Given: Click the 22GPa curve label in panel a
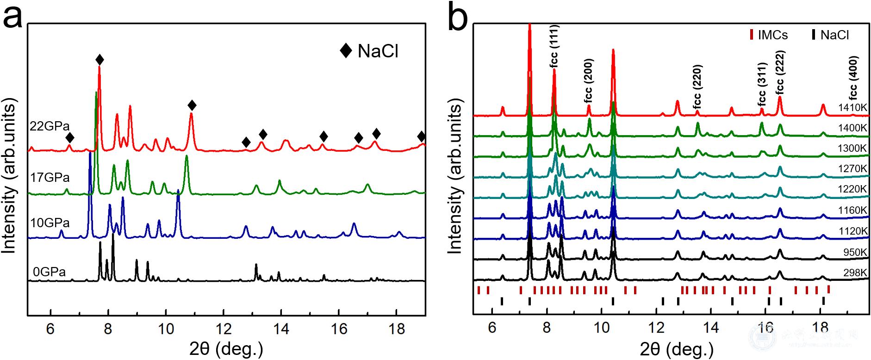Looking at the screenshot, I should click(50, 126).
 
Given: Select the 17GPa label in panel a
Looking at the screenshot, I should click(50, 177).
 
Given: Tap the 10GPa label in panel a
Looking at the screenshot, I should click(50, 223).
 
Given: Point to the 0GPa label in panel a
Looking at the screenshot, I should click(50, 272).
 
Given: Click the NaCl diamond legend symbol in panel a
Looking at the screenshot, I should click(346, 50).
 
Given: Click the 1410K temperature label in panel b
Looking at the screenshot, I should click(852, 107).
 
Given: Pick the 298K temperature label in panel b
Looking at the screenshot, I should click(855, 273).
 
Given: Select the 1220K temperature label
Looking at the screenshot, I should click(852, 189).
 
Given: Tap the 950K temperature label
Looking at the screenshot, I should click(855, 252).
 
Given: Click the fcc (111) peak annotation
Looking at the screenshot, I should click(555, 46).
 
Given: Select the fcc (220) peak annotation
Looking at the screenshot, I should click(697, 87).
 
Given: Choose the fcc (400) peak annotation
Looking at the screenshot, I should click(853, 78).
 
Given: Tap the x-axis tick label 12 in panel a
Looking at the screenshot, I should click(224, 329).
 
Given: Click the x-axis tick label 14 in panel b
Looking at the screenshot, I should click(711, 328).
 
